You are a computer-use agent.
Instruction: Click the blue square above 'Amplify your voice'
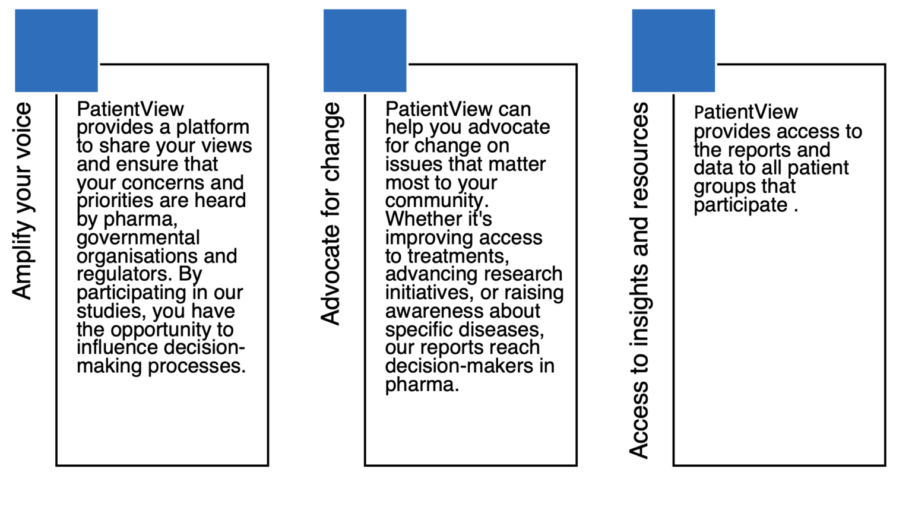click(x=56, y=50)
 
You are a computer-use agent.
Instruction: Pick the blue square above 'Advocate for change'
click(x=365, y=50)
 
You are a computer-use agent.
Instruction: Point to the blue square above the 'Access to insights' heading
click(x=673, y=50)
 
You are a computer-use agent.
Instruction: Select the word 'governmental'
click(x=138, y=238)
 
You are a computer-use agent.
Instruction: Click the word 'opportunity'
click(x=161, y=330)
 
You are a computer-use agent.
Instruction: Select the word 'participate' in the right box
click(x=740, y=205)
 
